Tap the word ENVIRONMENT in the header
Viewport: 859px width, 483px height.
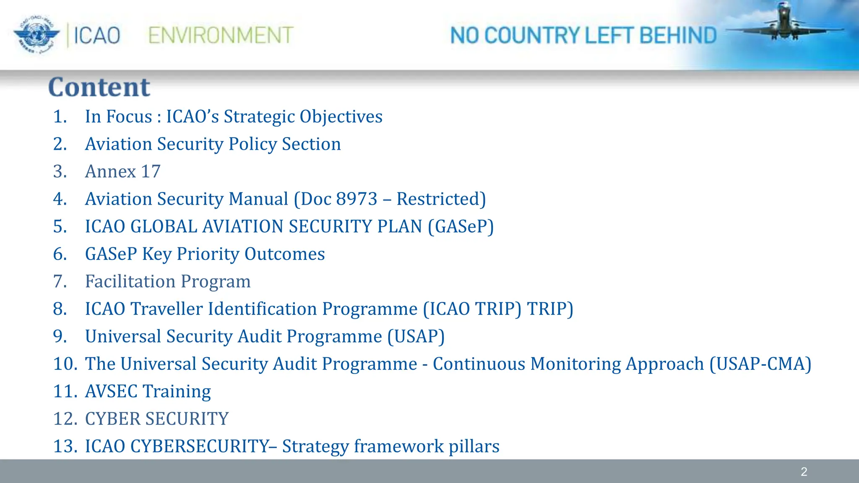click(x=221, y=35)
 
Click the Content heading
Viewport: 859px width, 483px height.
click(x=99, y=87)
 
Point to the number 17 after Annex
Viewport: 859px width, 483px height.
click(x=151, y=171)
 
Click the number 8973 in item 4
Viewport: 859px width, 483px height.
click(x=357, y=199)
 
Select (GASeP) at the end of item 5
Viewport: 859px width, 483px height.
click(x=461, y=227)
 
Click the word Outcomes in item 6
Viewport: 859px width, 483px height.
click(x=284, y=254)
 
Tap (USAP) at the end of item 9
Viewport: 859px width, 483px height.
click(x=416, y=337)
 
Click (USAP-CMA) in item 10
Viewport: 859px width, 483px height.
click(x=760, y=364)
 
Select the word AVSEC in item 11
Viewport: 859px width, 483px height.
click(x=111, y=392)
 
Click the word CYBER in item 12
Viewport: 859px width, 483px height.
click(x=112, y=419)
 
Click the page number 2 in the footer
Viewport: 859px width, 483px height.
click(x=804, y=472)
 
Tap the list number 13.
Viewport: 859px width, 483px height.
click(x=65, y=447)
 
